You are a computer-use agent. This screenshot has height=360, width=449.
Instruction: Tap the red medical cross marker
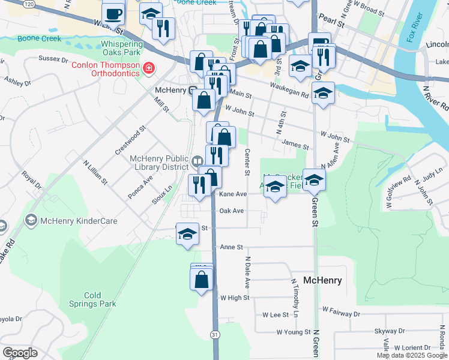coord(148,70)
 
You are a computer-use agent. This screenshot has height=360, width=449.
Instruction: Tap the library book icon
coord(197,161)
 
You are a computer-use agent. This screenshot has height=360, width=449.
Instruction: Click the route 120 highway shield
coord(28,4)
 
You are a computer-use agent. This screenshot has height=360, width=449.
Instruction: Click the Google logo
coord(20,353)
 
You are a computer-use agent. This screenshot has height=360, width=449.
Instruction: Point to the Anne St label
coord(231,247)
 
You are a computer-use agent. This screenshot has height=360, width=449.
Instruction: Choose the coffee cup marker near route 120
coord(113,13)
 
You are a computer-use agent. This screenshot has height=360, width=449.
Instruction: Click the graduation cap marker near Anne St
coord(187,234)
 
